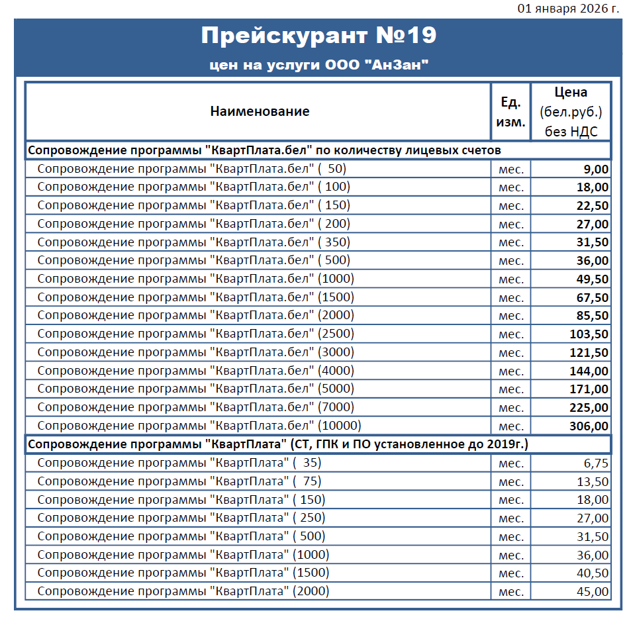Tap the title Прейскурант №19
pos(318,36)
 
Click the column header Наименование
pos(260,111)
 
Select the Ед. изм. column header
pos(510,112)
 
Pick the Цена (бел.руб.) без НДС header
pos(571,112)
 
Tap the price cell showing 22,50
pos(592,205)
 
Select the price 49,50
pos(592,279)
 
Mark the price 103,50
pos(589,334)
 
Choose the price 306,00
pos(589,426)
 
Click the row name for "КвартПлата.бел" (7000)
pos(195,407)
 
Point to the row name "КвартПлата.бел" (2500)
pos(195,334)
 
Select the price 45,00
pos(592,591)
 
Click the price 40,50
pos(592,573)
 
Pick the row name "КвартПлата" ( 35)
pos(179,463)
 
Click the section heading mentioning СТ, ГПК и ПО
pos(278,444)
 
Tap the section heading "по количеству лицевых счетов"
pos(264,150)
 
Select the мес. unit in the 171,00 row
pos(510,389)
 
